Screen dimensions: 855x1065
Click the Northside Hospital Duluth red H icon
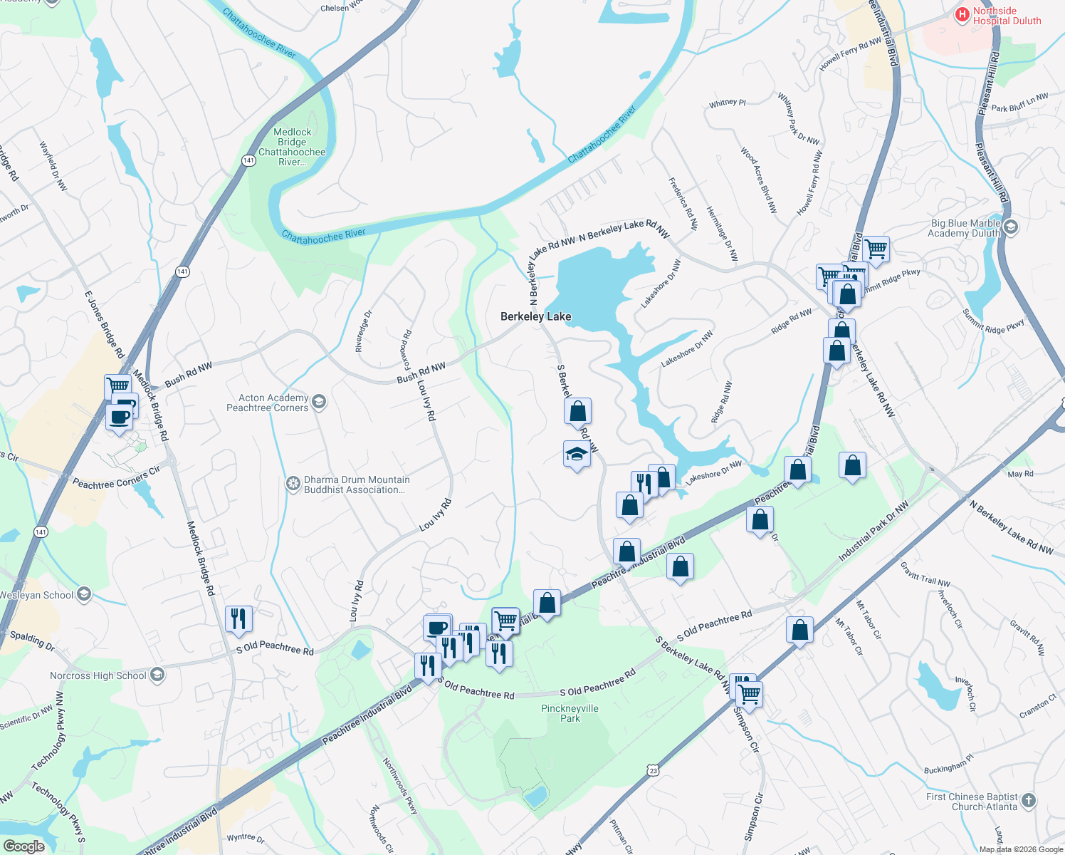[962, 14]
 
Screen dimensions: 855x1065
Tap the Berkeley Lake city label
[535, 316]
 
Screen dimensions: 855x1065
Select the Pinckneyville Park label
[570, 713]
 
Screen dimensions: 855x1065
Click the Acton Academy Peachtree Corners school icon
[319, 402]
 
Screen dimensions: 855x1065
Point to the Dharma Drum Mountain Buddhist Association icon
[293, 484]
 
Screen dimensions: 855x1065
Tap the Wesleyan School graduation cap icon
[84, 594]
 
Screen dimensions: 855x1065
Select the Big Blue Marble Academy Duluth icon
[1010, 227]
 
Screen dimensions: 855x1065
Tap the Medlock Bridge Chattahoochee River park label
[292, 147]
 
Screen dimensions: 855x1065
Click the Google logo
[23, 846]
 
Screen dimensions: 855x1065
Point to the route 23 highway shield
[653, 769]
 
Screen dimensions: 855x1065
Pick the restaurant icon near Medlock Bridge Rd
[238, 618]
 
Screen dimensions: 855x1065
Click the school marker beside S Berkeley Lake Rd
[577, 455]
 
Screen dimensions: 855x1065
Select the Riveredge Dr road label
[363, 331]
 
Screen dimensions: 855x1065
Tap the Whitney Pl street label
[727, 103]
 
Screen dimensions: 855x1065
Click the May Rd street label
[1020, 474]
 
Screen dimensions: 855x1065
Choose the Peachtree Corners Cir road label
[116, 478]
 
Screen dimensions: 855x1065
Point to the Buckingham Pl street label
[948, 765]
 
